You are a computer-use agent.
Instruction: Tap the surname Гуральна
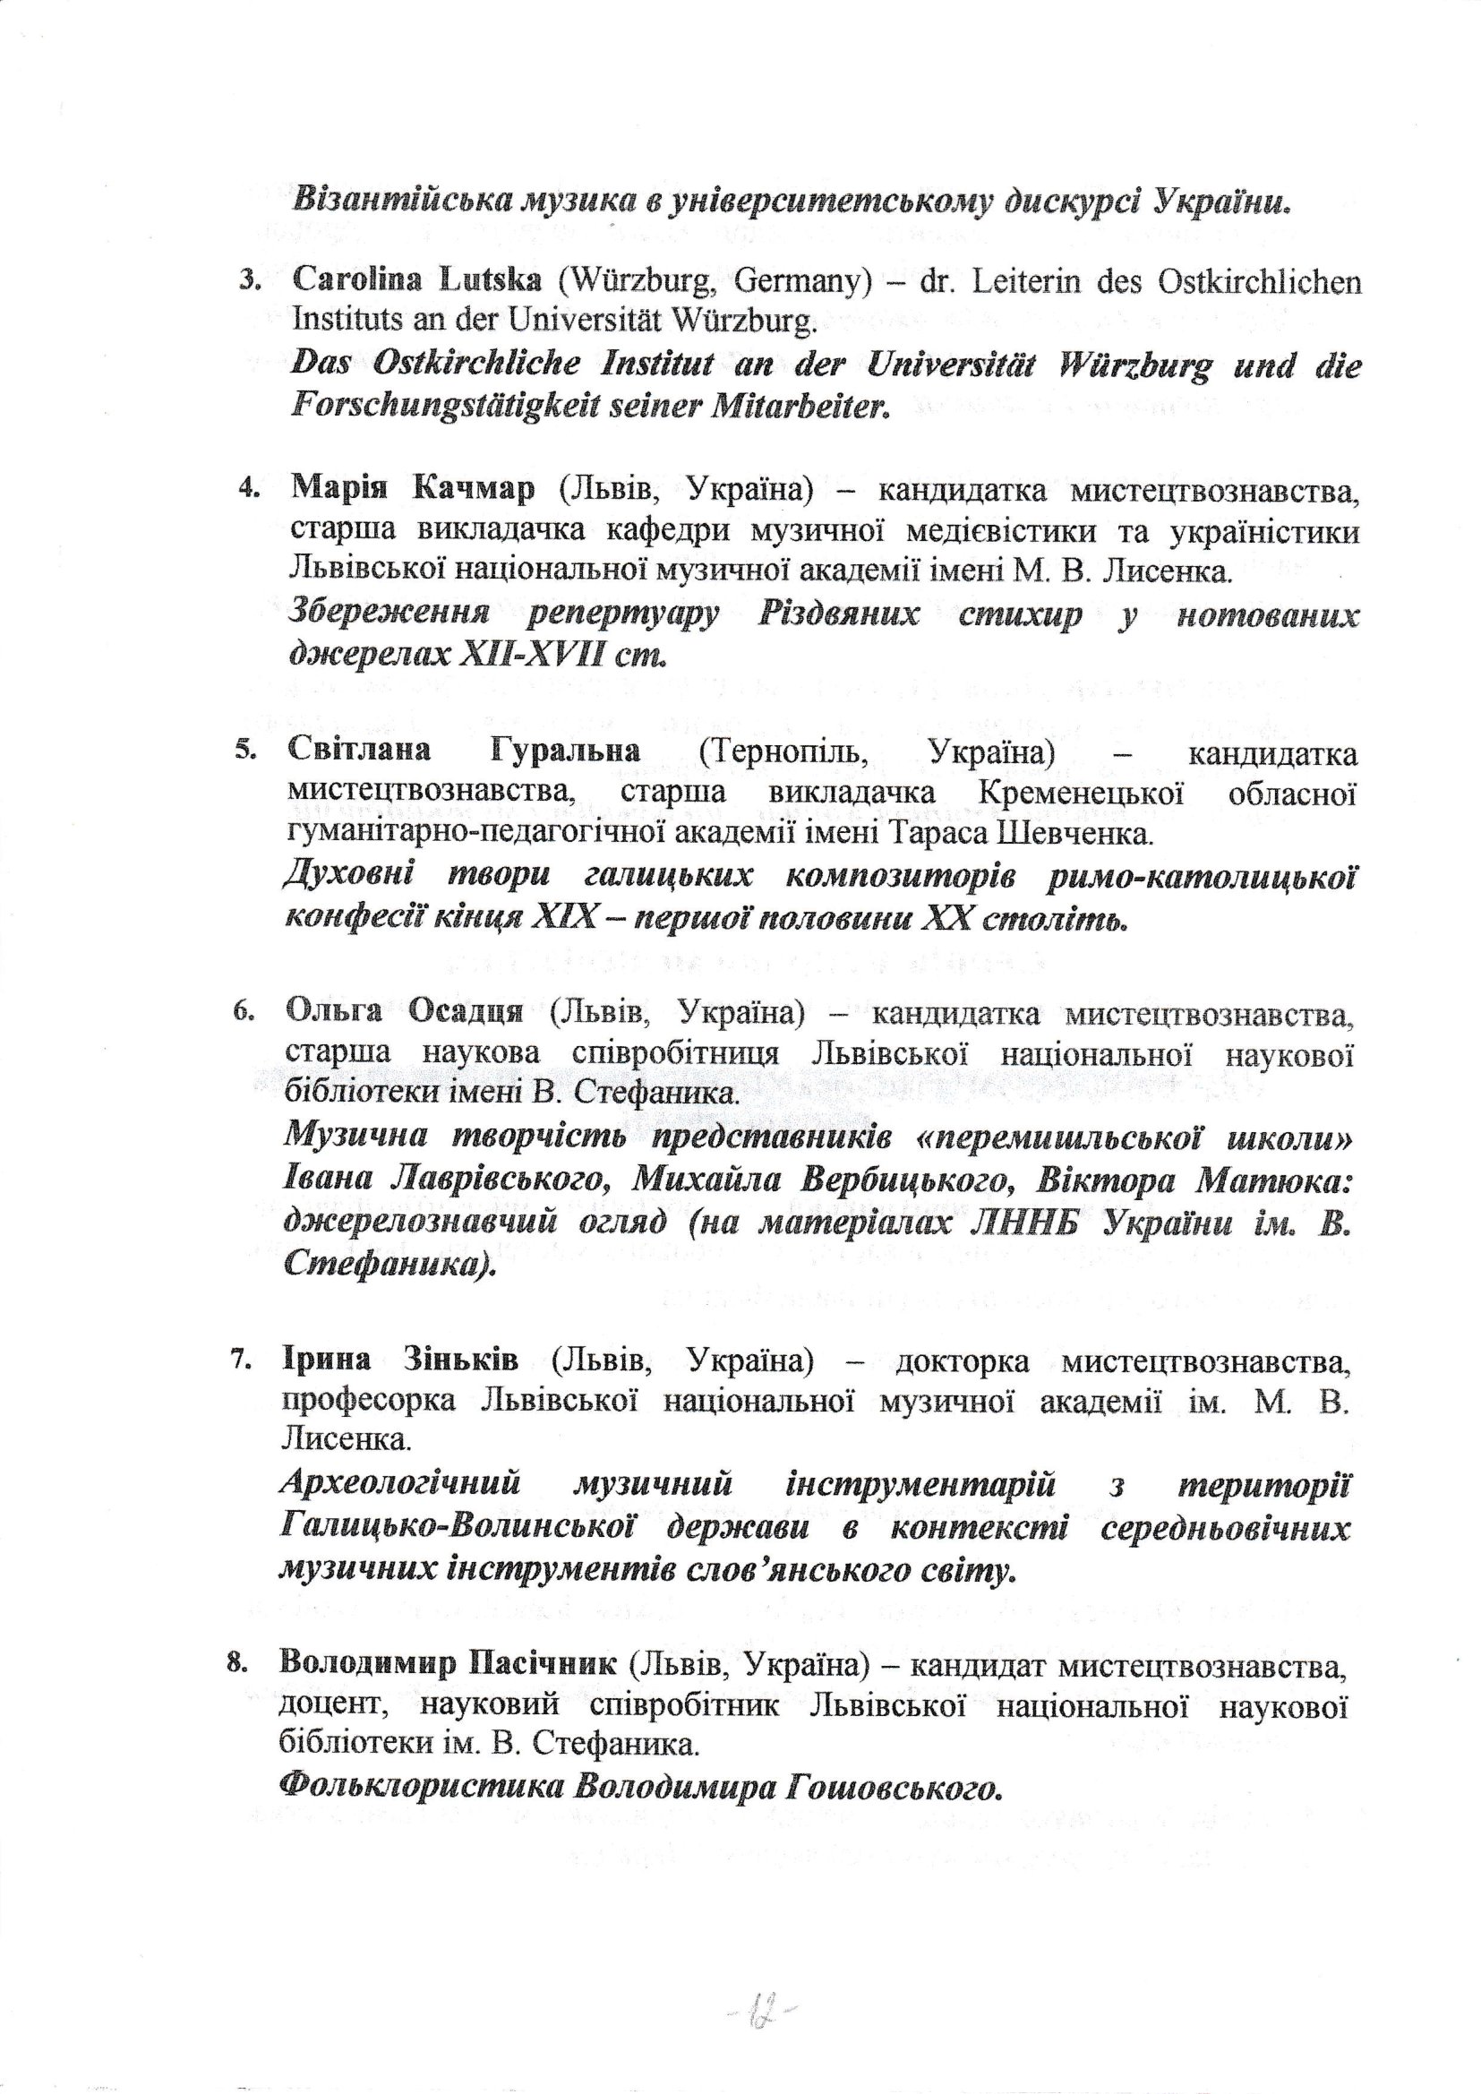pos(564,752)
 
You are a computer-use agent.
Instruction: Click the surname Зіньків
pos(460,1360)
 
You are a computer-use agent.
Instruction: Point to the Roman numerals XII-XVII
pos(515,655)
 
